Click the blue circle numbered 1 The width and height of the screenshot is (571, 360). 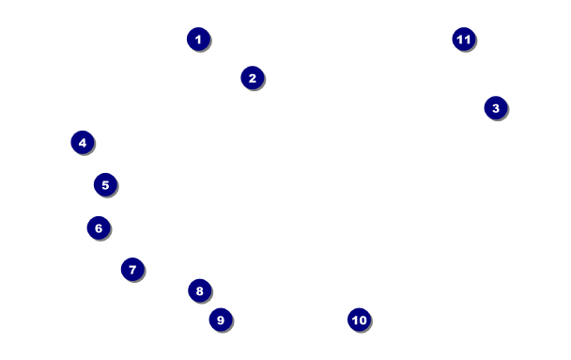point(198,39)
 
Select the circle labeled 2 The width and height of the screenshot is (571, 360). point(253,78)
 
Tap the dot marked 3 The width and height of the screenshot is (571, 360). point(496,108)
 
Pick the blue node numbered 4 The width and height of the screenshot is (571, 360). point(83,143)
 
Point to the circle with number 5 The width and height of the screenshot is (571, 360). point(105,185)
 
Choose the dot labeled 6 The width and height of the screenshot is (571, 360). point(99,228)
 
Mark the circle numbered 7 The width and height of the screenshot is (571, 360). point(132,269)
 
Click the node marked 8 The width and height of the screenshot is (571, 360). point(200,290)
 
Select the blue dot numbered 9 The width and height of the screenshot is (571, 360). point(221,320)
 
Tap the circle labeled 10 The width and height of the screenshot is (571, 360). point(360,320)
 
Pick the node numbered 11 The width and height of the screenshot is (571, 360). point(464,39)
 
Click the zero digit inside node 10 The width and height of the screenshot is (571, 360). point(363,321)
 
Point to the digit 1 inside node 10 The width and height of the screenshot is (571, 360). point(355,321)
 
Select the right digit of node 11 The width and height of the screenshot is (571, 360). point(467,39)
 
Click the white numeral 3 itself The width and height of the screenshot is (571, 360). point(496,108)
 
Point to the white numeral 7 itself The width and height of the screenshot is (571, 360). point(132,270)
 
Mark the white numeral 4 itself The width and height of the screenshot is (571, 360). point(83,143)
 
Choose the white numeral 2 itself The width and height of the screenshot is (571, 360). point(253,78)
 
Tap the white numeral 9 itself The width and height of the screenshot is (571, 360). point(221,320)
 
